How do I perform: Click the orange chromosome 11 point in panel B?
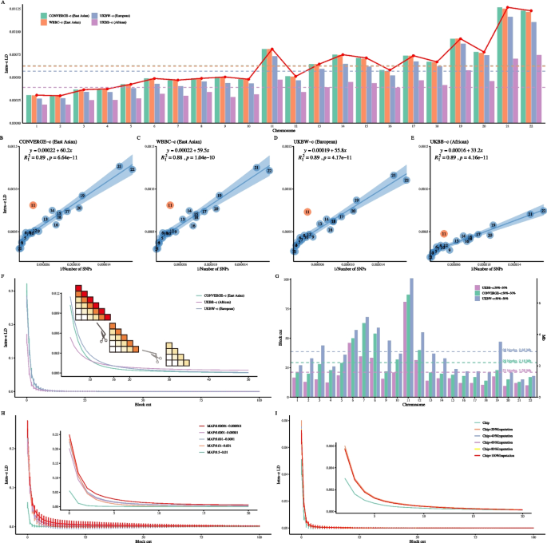click(x=34, y=205)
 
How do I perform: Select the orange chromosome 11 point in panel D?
click(x=307, y=211)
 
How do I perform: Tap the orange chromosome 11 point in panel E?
click(x=443, y=233)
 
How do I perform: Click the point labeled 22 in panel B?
click(x=133, y=169)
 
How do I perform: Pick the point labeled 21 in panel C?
click(x=256, y=168)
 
